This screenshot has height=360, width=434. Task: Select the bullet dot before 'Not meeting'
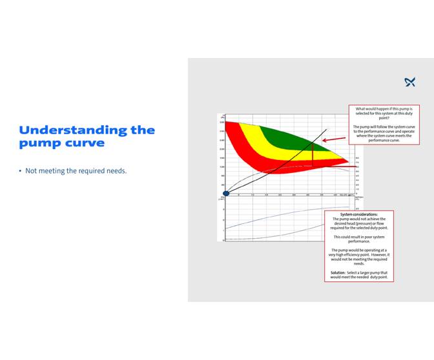click(21, 171)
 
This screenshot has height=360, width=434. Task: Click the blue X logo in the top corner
click(409, 82)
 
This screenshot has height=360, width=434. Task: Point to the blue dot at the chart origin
click(226, 193)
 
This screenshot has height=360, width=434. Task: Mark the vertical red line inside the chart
click(313, 155)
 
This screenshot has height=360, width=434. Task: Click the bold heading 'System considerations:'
click(359, 214)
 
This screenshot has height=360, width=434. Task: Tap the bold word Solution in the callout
click(338, 273)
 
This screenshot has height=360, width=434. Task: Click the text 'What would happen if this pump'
click(384, 110)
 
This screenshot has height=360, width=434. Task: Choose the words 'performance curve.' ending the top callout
click(384, 140)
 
